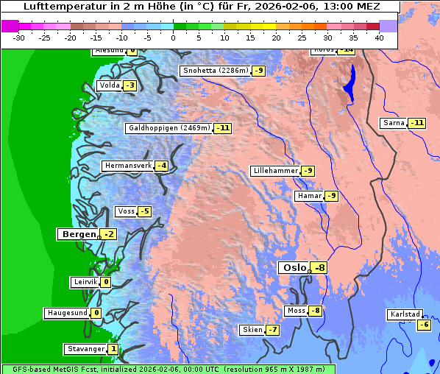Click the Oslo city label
pos(294,268)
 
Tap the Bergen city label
pos(77,234)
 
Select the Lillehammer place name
pos(275,171)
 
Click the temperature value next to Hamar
pos(331,196)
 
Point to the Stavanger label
pos(85,349)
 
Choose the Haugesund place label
pos(67,313)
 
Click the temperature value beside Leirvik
pos(106,282)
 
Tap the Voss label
pos(126,212)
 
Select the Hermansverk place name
pos(128,166)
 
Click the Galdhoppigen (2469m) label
pos(169,128)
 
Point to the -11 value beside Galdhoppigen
pos(223,128)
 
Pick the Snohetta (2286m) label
pos(216,71)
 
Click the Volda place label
pos(109,85)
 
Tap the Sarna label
pos(394,122)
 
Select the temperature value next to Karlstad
pos(424,325)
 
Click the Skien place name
pos(252,330)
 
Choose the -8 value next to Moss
pos(315,311)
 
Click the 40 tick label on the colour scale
pos(379,37)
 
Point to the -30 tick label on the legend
pos(19,37)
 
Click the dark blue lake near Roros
pos(349,84)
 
